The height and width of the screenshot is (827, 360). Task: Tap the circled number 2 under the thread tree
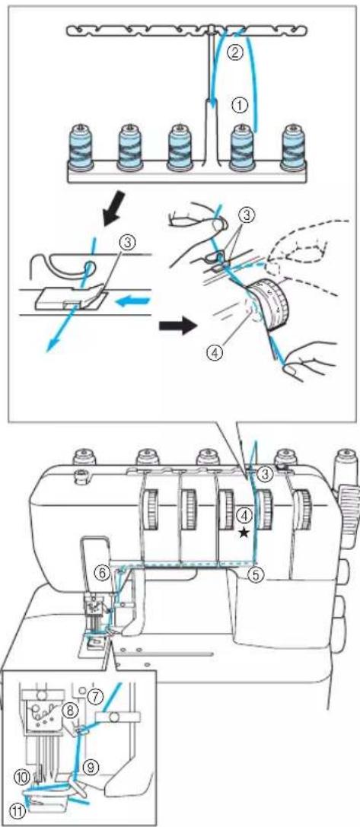pos(235,52)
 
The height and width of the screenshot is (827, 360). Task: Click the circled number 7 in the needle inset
pos(95,695)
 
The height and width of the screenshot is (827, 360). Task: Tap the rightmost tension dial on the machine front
pos(302,508)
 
